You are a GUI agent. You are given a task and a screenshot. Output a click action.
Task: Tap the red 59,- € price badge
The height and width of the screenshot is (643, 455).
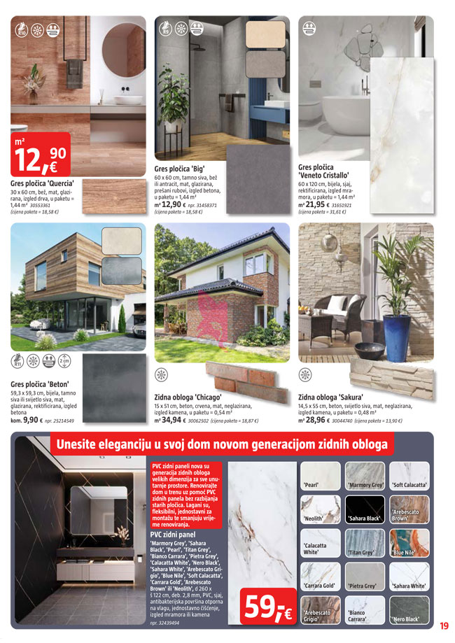tap(266, 607)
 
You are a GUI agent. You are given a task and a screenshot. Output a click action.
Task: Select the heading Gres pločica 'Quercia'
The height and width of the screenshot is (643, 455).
tap(43, 183)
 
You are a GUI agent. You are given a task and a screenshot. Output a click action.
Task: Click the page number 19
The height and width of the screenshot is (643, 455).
tap(444, 626)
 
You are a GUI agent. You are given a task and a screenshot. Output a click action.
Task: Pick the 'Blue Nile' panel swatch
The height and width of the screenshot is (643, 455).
tap(409, 542)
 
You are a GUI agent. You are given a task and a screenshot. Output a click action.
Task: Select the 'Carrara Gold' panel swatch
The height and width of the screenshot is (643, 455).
tap(320, 576)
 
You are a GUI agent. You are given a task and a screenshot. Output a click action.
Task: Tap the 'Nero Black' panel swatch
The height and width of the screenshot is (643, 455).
tap(409, 609)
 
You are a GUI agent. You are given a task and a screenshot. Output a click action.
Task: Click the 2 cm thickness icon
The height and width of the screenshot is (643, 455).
tap(64, 361)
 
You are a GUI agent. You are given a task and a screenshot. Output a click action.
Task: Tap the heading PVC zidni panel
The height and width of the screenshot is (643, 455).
tap(174, 534)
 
